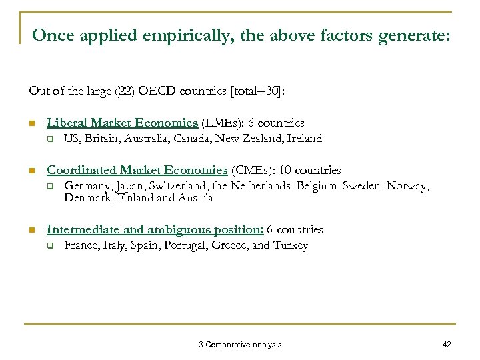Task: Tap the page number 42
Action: pos(446,344)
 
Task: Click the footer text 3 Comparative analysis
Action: pos(240,344)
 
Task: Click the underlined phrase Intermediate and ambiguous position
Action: pos(155,229)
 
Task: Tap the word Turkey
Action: pos(291,245)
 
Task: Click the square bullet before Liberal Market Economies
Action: pos(31,123)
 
